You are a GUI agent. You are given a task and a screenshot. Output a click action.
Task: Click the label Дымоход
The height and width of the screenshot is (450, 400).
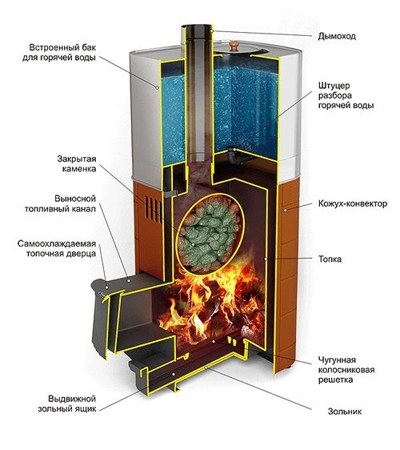click(x=337, y=37)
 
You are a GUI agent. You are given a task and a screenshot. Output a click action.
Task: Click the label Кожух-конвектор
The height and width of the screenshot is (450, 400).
click(x=353, y=203)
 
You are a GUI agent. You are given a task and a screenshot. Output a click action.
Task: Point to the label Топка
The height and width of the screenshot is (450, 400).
click(x=330, y=259)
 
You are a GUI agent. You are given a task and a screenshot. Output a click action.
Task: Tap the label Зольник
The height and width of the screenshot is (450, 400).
click(x=345, y=412)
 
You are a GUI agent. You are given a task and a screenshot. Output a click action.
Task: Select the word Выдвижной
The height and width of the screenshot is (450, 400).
click(x=72, y=399)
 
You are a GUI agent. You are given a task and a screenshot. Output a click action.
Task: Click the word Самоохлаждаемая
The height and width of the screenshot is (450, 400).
click(x=57, y=243)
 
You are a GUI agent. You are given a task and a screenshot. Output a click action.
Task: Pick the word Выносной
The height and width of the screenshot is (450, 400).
click(x=75, y=199)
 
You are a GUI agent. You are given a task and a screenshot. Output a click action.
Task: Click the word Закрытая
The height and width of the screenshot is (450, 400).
click(x=77, y=159)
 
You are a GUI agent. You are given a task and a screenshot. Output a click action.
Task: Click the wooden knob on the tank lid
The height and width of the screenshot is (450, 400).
click(x=234, y=46)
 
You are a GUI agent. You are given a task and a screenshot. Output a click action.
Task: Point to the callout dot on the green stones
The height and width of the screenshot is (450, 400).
click(x=194, y=244)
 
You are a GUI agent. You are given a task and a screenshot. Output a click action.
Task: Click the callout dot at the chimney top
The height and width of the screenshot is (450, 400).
click(x=212, y=30)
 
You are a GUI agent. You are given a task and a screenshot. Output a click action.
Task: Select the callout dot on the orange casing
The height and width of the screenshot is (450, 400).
click(x=286, y=210)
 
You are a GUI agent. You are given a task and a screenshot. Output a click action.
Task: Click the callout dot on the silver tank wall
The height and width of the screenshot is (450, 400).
click(x=157, y=87)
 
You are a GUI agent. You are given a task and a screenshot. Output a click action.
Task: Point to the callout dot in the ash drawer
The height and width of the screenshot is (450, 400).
click(x=173, y=374)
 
